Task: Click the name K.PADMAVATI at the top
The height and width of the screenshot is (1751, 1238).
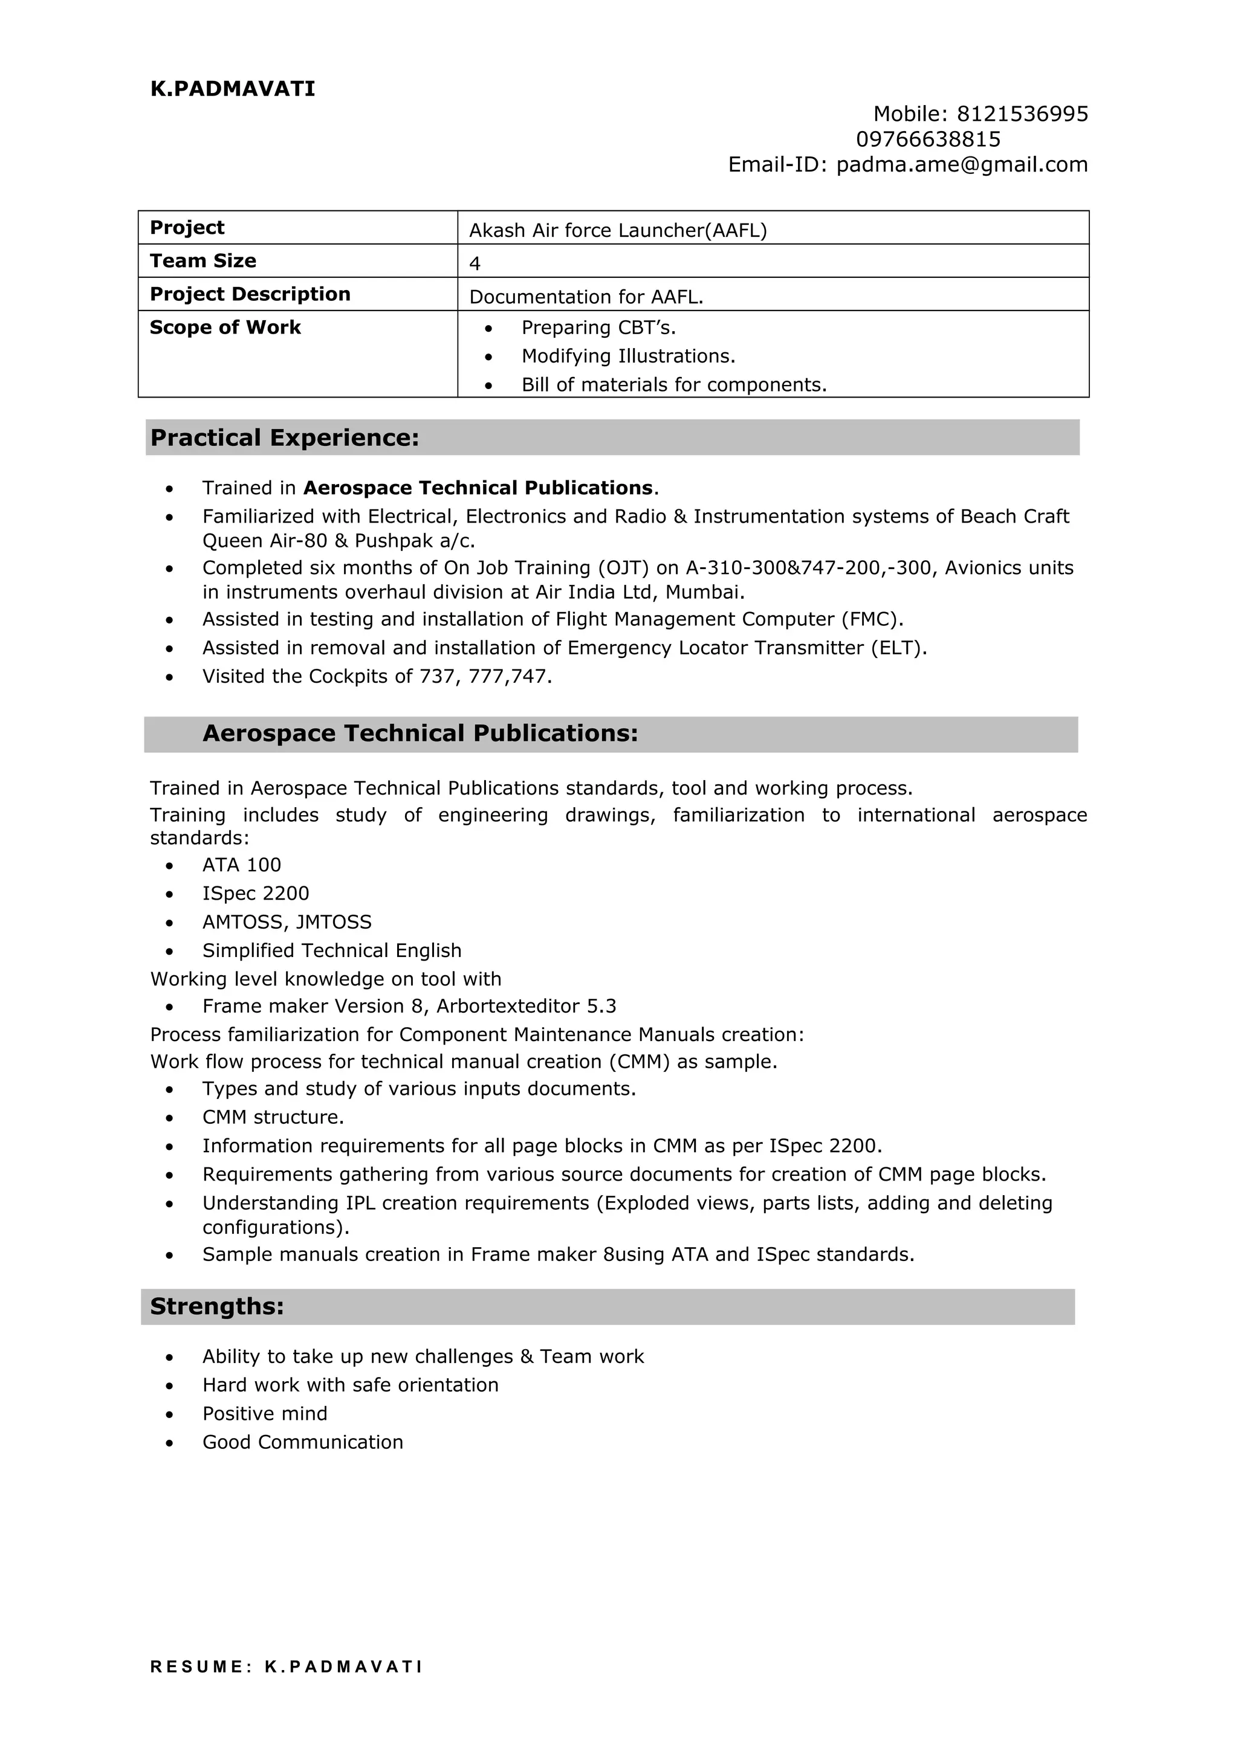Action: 233,89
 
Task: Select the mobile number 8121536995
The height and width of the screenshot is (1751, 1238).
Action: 1022,114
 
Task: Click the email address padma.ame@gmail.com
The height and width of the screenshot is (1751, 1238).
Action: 962,165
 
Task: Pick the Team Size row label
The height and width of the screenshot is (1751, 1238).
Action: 203,261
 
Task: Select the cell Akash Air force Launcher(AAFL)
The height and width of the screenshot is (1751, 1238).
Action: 618,230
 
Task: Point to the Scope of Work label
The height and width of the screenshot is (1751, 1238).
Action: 225,328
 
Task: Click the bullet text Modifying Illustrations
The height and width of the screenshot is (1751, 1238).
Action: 628,356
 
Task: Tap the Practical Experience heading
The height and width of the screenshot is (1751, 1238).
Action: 285,437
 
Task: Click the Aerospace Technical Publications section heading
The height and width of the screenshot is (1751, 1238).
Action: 420,734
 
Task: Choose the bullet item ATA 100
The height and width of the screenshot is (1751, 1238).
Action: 241,865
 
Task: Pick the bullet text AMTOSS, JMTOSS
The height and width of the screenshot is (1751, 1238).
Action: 287,922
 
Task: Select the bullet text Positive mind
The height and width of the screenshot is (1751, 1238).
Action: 265,1413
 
